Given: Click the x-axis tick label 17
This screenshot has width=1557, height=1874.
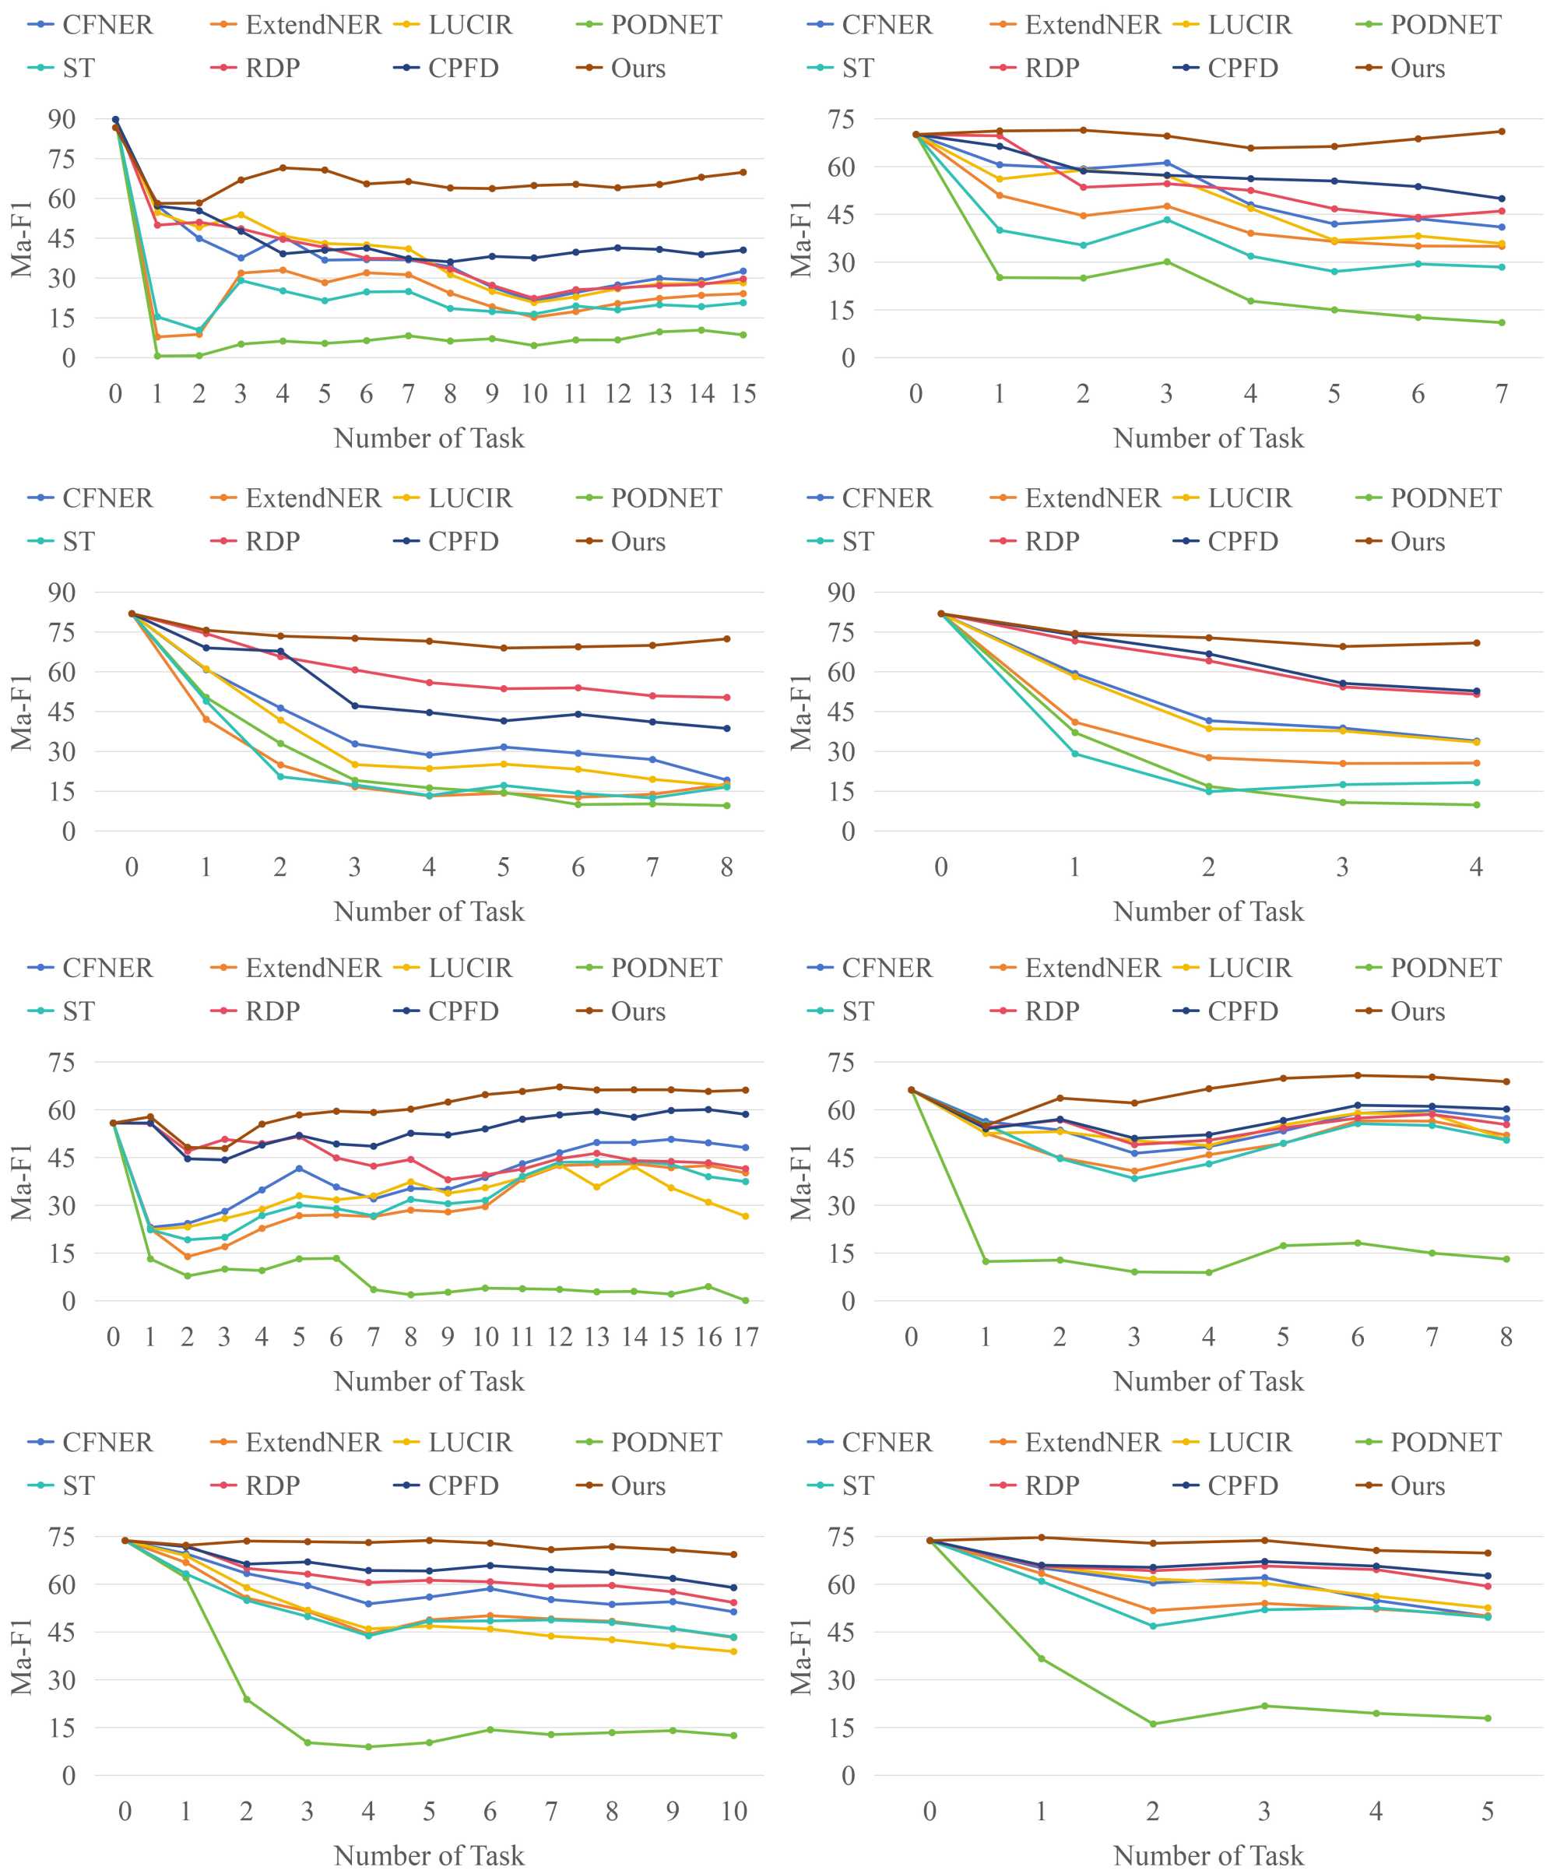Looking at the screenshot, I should (746, 1337).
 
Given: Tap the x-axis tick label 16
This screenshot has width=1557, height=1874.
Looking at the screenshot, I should (708, 1337).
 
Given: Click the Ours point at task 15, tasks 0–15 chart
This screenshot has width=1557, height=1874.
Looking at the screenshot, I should (743, 172).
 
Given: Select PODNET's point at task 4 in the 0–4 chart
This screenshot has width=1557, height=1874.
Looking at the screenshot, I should (1477, 805).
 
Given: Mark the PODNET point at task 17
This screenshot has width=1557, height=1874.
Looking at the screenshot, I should (746, 1300).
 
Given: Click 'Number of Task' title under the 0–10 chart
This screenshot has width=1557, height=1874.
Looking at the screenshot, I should (428, 1855).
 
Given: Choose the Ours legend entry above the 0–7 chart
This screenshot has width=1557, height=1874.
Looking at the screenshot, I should (1417, 69).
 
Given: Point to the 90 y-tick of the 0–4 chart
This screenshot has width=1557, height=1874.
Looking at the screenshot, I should (840, 592).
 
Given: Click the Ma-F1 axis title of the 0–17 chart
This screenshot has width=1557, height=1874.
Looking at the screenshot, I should (22, 1182).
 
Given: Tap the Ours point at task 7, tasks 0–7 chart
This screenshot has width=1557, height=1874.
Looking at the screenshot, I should (1502, 131).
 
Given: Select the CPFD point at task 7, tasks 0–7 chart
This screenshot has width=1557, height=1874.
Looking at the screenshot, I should (1502, 199).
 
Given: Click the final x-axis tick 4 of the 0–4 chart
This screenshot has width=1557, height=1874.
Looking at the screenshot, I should (1477, 867).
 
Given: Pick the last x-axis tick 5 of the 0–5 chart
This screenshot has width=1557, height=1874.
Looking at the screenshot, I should (1488, 1811).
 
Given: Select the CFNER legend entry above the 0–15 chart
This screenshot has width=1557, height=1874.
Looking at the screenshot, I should (107, 25).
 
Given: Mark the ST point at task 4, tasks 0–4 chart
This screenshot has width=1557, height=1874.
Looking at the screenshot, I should (1477, 782).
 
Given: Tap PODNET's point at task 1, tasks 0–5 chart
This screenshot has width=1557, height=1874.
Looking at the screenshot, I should (1042, 1659).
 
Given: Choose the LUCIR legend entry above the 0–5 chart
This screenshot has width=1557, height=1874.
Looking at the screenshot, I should (1249, 1442).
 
